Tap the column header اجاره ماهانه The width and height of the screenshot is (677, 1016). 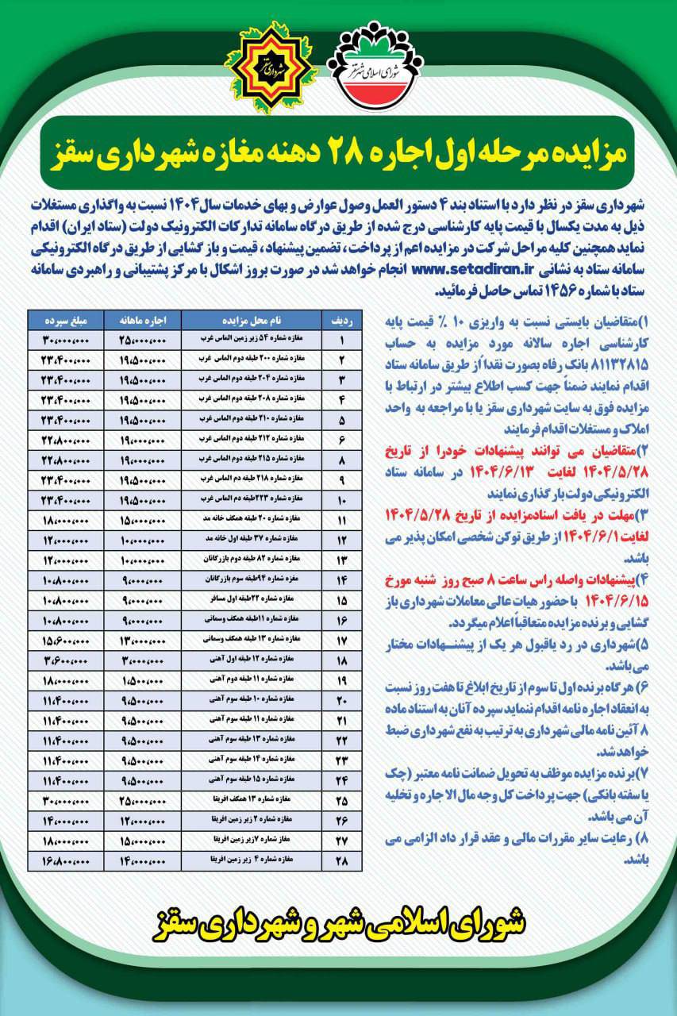pos(142,320)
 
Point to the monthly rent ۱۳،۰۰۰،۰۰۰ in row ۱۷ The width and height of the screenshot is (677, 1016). pos(142,639)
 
